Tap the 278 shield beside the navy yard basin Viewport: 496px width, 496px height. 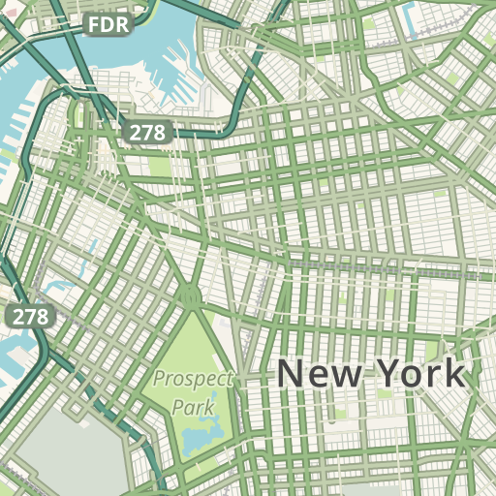tap(146, 132)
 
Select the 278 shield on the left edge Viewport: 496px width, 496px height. tap(29, 316)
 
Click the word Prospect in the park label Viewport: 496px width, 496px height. tap(193, 378)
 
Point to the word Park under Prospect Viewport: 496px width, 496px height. tap(193, 407)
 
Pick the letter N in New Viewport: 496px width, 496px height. tap(292, 374)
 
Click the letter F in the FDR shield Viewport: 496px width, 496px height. tap(94, 23)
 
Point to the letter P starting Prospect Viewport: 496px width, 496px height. tap(159, 378)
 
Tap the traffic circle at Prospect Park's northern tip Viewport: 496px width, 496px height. tap(191, 296)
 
